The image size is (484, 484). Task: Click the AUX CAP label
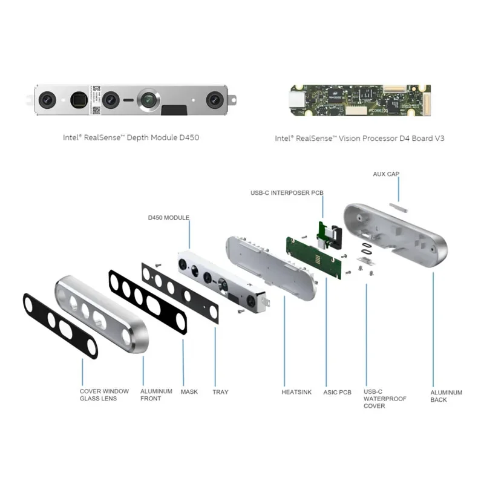pyautogui.click(x=386, y=174)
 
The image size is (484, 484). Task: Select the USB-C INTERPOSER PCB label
pyautogui.click(x=287, y=192)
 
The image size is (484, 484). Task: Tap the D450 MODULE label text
pyautogui.click(x=169, y=217)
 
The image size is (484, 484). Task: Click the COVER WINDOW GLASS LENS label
pyautogui.click(x=104, y=394)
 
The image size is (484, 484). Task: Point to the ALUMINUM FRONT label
pyautogui.click(x=156, y=394)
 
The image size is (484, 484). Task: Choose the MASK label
pyautogui.click(x=189, y=391)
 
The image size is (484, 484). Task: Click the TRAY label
pyautogui.click(x=220, y=391)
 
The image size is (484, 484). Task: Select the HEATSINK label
pyautogui.click(x=296, y=392)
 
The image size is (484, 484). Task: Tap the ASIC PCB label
pyautogui.click(x=337, y=392)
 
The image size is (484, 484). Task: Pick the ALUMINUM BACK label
pyautogui.click(x=446, y=396)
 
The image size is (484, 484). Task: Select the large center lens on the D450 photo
pyautogui.click(x=148, y=99)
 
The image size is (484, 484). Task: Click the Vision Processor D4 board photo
pyautogui.click(x=359, y=100)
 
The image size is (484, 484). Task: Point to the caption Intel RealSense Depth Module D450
pyautogui.click(x=131, y=137)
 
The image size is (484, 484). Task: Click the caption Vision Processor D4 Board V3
pyautogui.click(x=359, y=138)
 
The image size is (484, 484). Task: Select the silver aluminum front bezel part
pyautogui.click(x=103, y=315)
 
